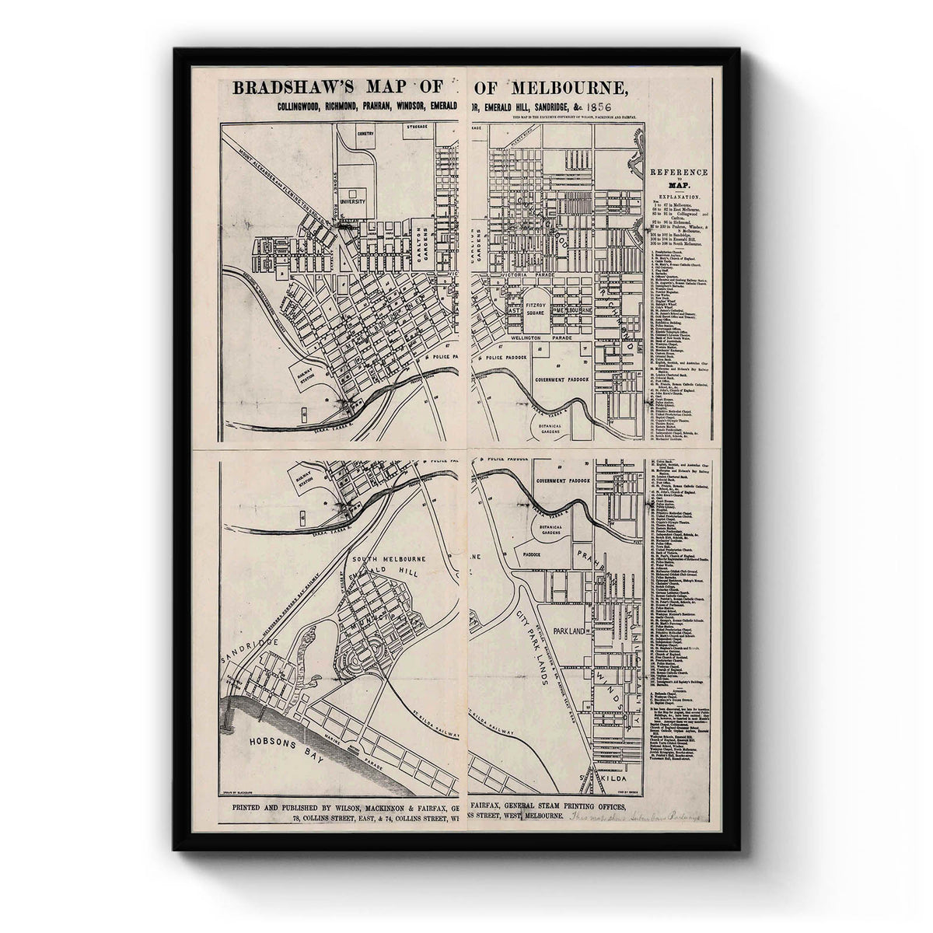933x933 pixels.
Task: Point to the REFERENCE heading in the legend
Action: [679, 172]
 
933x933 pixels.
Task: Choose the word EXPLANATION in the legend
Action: [679, 199]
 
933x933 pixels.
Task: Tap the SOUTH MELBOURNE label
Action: [384, 559]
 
